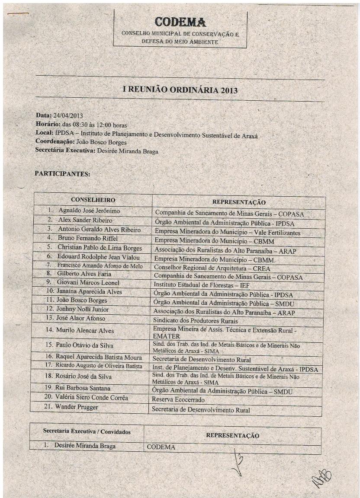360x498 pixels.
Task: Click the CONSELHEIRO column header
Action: (93, 200)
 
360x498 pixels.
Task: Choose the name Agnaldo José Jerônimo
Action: (89, 211)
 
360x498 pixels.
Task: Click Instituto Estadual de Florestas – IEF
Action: (202, 285)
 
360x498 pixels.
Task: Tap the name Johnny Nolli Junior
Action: (83, 310)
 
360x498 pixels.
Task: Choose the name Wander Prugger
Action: (77, 407)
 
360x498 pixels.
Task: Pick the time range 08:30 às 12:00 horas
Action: (92, 124)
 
